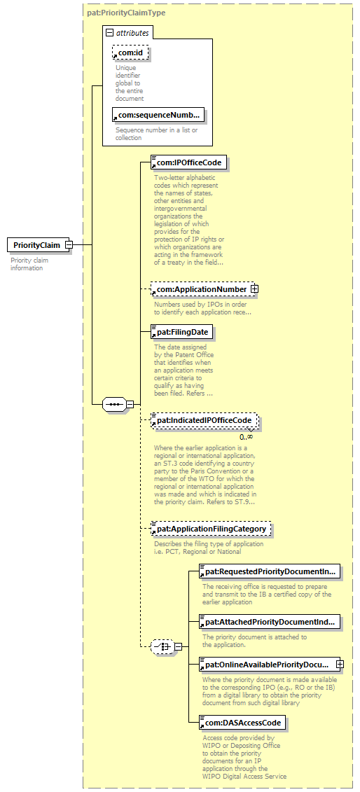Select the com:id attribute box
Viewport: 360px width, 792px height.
(x=131, y=52)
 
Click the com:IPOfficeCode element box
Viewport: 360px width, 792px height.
(x=189, y=162)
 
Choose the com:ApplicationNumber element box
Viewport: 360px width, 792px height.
(x=202, y=289)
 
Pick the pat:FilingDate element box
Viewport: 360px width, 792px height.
(x=182, y=333)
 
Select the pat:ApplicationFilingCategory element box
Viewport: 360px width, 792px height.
(x=211, y=529)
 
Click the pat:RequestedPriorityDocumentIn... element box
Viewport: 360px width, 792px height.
(x=270, y=572)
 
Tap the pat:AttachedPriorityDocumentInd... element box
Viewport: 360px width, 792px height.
(x=270, y=622)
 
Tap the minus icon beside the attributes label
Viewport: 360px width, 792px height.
(x=109, y=34)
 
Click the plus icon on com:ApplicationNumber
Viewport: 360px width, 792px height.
(x=255, y=289)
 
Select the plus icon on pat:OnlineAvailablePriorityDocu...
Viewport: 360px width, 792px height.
(x=340, y=665)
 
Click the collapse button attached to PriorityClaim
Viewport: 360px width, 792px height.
(x=69, y=246)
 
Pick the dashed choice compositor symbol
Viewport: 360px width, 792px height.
(x=162, y=646)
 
